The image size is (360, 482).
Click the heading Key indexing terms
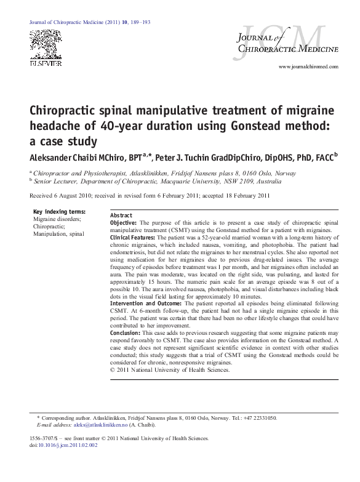[x=58, y=211]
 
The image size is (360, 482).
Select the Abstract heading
[x=121, y=215]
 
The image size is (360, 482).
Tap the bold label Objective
[x=124, y=222]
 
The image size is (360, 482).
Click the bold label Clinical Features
[x=132, y=236]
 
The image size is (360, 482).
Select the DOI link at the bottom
[x=68, y=444]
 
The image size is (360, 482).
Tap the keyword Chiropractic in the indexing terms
[x=50, y=226]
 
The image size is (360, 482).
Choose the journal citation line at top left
[x=90, y=22]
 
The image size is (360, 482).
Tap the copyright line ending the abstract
[x=170, y=370]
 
